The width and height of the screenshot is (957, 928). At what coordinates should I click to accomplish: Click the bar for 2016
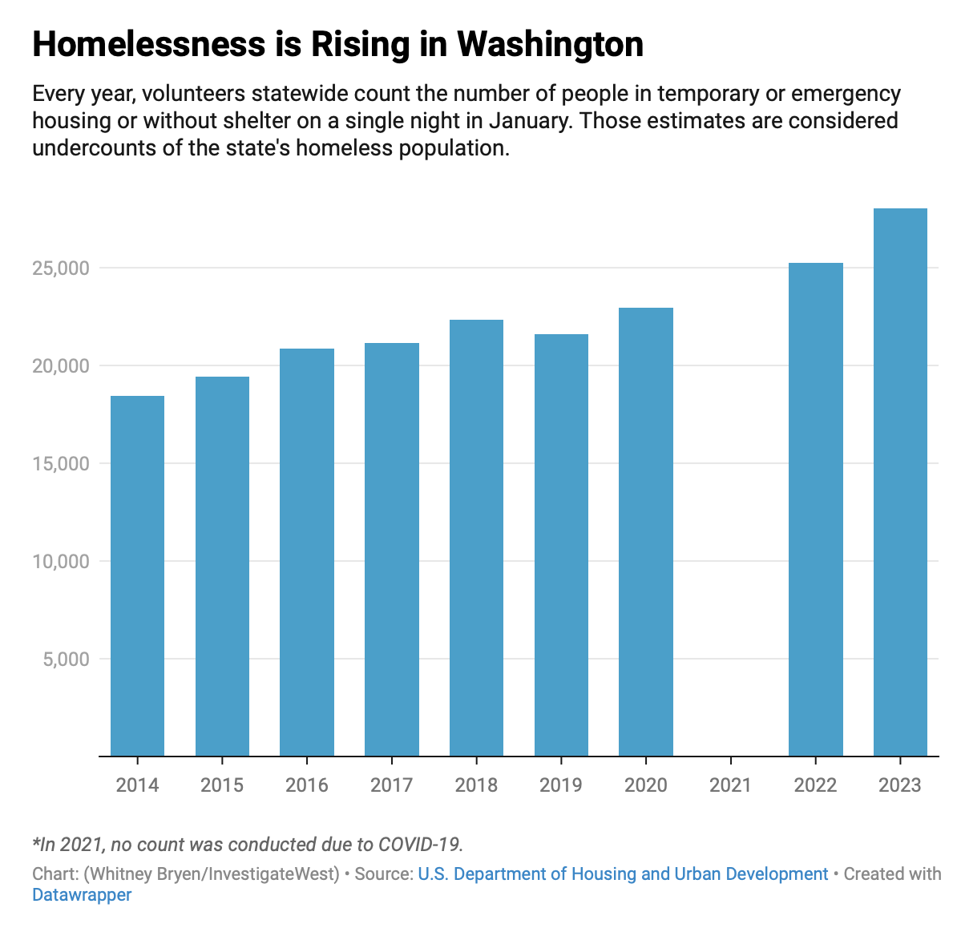(x=307, y=552)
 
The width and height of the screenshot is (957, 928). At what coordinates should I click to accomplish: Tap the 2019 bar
(x=561, y=545)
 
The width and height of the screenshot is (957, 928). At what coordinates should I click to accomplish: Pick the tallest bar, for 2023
(x=900, y=482)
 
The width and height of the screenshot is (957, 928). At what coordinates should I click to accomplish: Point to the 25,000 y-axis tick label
(x=60, y=268)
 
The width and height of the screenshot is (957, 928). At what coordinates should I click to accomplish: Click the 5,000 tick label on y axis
(x=65, y=660)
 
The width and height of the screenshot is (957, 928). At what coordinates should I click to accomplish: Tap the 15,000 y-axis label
(x=60, y=464)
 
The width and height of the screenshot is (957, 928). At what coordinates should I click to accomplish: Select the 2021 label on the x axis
(x=730, y=785)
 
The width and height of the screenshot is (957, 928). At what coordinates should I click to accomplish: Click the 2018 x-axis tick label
(x=476, y=785)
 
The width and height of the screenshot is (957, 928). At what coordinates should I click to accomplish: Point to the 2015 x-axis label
(x=222, y=785)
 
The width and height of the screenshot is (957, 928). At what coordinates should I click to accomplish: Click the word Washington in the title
(x=551, y=45)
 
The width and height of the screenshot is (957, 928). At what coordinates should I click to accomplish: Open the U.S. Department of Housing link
(x=623, y=874)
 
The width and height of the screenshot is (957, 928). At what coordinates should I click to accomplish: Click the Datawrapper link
(x=82, y=894)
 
